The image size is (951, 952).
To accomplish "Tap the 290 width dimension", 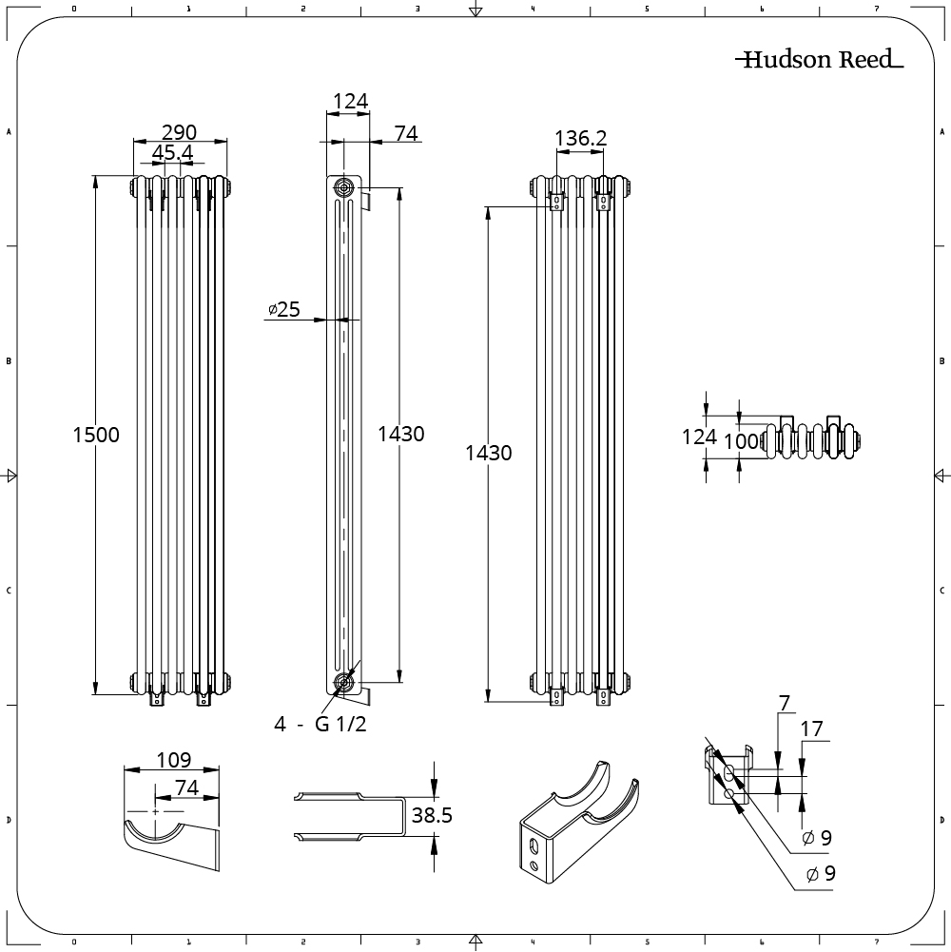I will [x=180, y=131].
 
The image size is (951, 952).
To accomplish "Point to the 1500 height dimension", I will [x=96, y=435].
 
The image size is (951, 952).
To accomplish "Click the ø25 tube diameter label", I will [x=283, y=309].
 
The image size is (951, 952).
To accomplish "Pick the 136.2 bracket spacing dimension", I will [x=580, y=139].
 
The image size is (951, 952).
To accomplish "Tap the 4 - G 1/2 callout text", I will [x=320, y=725].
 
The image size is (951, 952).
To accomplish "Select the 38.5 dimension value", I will [x=431, y=815].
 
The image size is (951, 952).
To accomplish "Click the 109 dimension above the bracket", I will [x=173, y=760].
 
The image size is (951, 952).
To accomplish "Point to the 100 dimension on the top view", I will [x=743, y=441].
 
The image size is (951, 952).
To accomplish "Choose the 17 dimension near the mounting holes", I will [x=811, y=730].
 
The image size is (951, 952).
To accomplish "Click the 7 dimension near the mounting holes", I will [x=784, y=705].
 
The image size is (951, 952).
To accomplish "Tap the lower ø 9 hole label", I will [x=820, y=874].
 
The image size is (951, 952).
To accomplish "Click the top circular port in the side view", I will [x=341, y=187].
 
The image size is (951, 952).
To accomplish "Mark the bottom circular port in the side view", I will [x=342, y=682].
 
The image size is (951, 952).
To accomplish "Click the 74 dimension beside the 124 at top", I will [x=406, y=134].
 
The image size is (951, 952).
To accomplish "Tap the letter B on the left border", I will [x=10, y=361].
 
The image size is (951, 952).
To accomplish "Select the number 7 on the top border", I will [x=876, y=8].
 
